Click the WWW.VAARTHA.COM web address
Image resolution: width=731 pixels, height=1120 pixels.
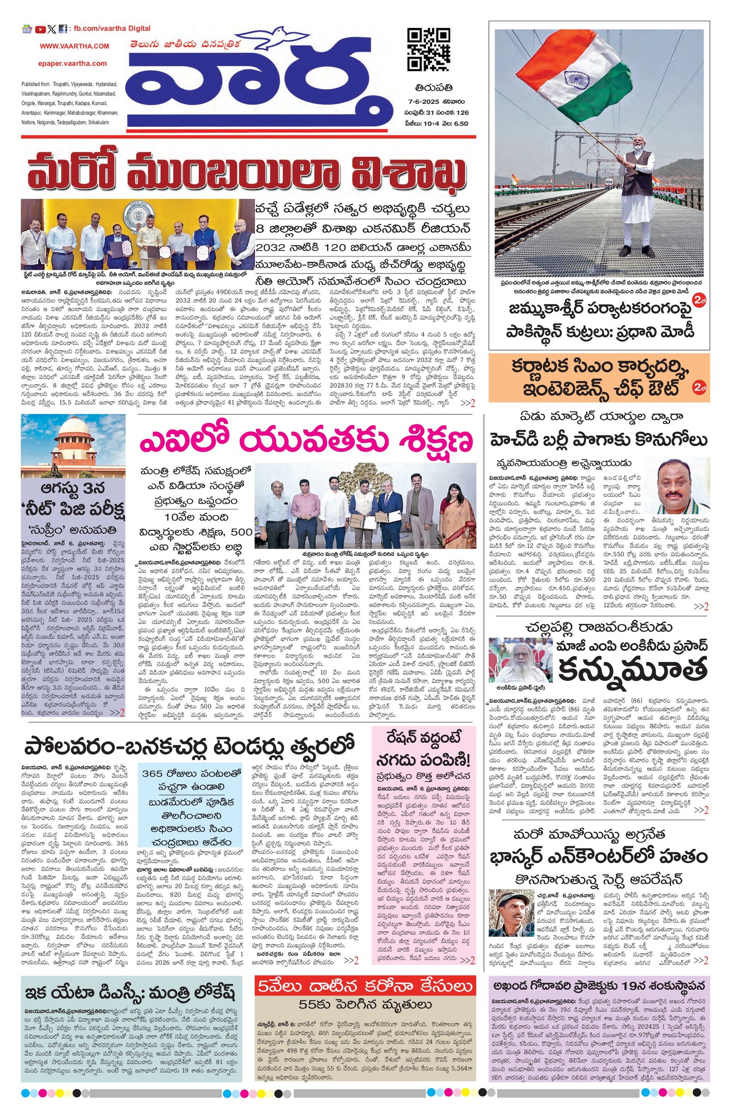coord(74,46)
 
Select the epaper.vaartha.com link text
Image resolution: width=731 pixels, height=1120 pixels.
coord(73,63)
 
